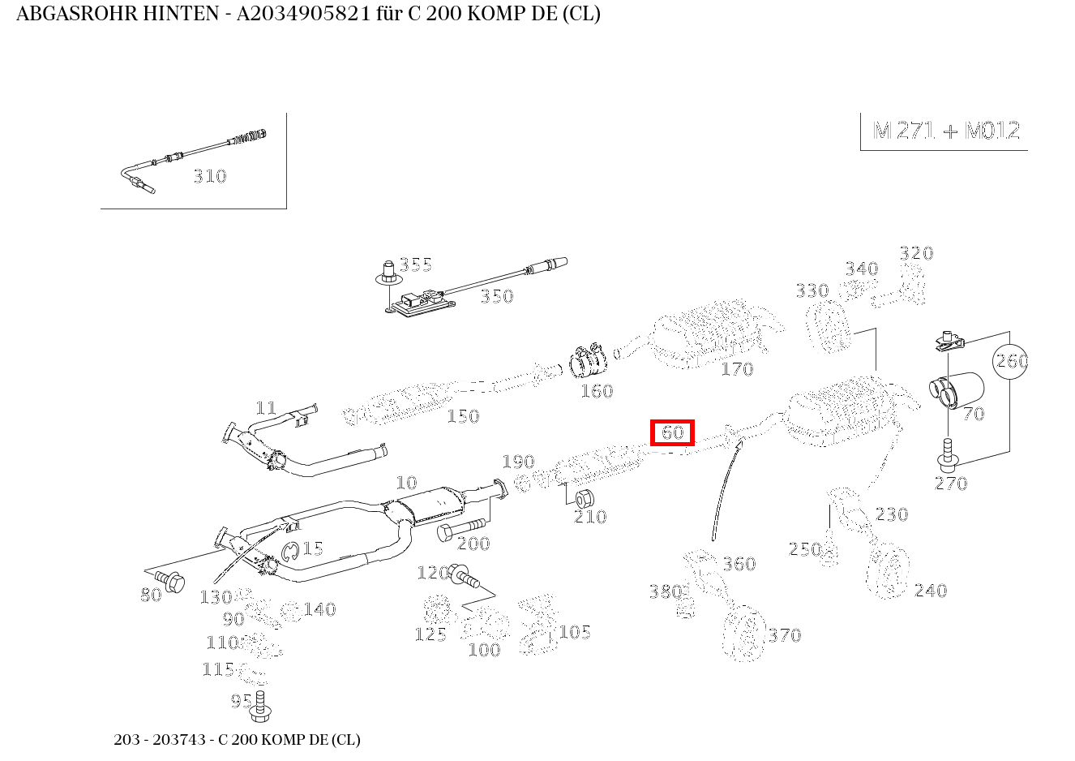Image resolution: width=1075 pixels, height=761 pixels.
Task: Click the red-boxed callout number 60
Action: click(x=673, y=433)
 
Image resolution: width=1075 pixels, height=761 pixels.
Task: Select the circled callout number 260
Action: click(x=1011, y=360)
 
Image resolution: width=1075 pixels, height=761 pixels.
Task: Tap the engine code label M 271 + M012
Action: click(x=946, y=131)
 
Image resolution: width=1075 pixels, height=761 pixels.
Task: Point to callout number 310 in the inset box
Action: click(x=209, y=176)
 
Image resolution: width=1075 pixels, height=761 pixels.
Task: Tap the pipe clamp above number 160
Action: click(x=589, y=362)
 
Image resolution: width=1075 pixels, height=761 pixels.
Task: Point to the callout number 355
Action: click(x=415, y=264)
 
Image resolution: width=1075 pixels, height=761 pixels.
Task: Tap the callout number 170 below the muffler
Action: click(x=737, y=369)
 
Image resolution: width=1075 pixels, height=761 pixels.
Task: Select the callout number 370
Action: click(x=784, y=635)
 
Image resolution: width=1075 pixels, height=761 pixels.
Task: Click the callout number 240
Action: click(x=930, y=591)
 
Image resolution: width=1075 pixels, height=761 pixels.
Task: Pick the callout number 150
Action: click(x=463, y=416)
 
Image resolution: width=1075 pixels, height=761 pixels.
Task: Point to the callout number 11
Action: click(x=266, y=408)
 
